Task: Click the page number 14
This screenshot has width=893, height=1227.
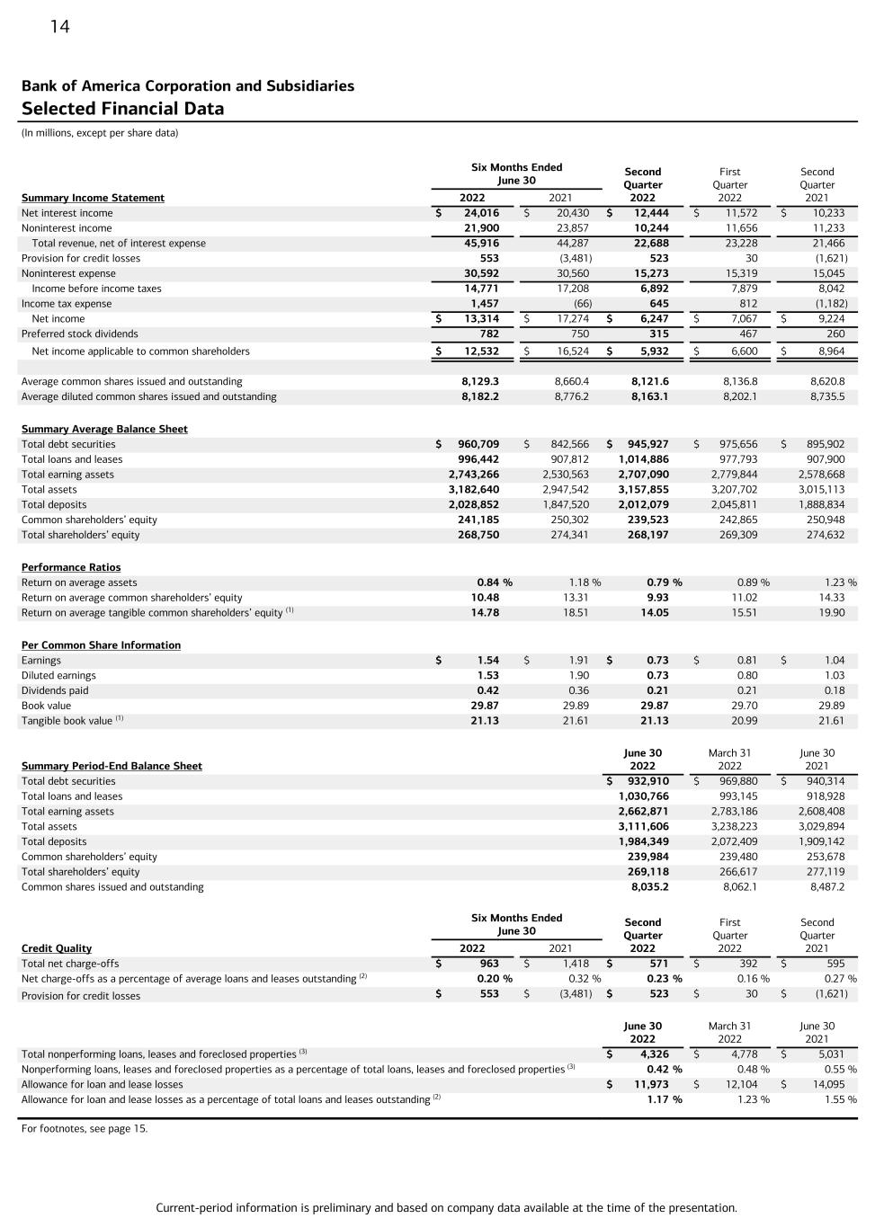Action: (x=59, y=27)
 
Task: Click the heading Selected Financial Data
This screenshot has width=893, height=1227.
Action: (x=122, y=109)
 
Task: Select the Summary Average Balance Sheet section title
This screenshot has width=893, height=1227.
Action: (x=104, y=429)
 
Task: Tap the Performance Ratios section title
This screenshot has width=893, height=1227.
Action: (x=71, y=567)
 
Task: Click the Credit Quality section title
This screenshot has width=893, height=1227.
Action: (x=57, y=948)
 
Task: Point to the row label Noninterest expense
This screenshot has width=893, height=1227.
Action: (x=68, y=273)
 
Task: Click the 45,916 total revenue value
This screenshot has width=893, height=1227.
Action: (x=481, y=243)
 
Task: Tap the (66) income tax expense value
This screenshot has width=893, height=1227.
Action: (x=582, y=304)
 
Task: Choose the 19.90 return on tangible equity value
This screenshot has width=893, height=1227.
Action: (x=831, y=613)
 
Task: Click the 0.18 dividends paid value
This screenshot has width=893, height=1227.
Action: (x=835, y=690)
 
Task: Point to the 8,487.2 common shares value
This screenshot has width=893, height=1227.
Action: (x=827, y=887)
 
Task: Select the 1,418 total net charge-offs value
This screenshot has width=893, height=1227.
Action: (x=576, y=964)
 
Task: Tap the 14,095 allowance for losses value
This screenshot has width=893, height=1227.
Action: (x=827, y=1084)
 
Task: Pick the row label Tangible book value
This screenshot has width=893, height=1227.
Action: (x=67, y=721)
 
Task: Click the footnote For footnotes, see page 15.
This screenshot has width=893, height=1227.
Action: (x=85, y=1128)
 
